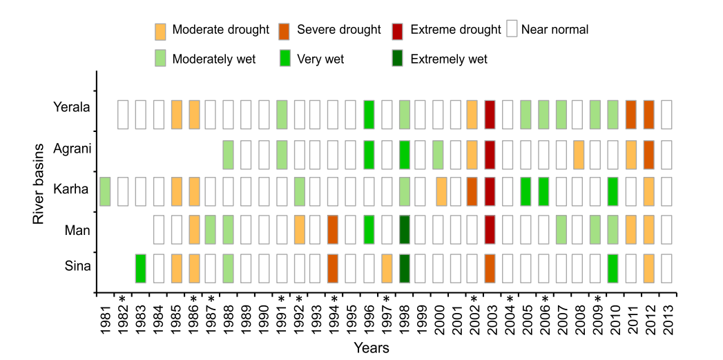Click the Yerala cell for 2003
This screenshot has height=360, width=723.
(490, 114)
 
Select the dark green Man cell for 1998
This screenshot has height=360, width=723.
(405, 229)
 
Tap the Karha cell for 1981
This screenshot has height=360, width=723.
(105, 191)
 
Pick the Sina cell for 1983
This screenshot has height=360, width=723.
(140, 268)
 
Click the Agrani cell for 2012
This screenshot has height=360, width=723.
(649, 154)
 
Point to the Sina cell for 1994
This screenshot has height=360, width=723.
(333, 268)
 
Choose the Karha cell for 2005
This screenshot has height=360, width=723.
(526, 191)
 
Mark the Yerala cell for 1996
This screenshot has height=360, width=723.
(369, 114)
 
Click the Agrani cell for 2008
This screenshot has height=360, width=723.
(579, 154)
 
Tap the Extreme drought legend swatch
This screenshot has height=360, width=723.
(398, 30)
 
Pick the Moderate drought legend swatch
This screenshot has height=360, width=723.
(160, 30)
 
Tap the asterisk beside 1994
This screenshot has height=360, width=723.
(334, 300)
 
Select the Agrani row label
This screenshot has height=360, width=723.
(72, 149)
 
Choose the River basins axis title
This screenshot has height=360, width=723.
(39, 183)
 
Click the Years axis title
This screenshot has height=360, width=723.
(372, 348)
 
